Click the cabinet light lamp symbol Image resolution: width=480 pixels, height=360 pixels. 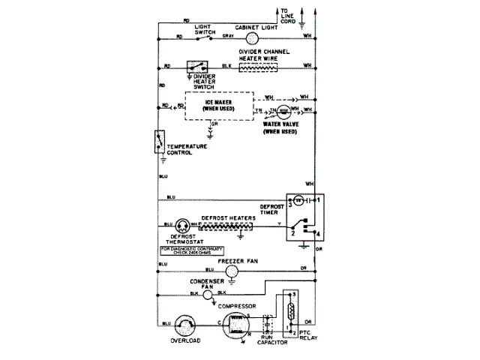click(252, 37)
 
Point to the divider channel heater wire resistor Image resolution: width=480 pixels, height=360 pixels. click(264, 66)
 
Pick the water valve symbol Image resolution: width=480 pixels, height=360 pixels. click(284, 112)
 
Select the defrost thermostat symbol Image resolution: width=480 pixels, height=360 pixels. click(183, 225)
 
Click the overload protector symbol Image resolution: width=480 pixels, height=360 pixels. click(184, 325)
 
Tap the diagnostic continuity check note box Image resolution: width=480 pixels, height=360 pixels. click(192, 249)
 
